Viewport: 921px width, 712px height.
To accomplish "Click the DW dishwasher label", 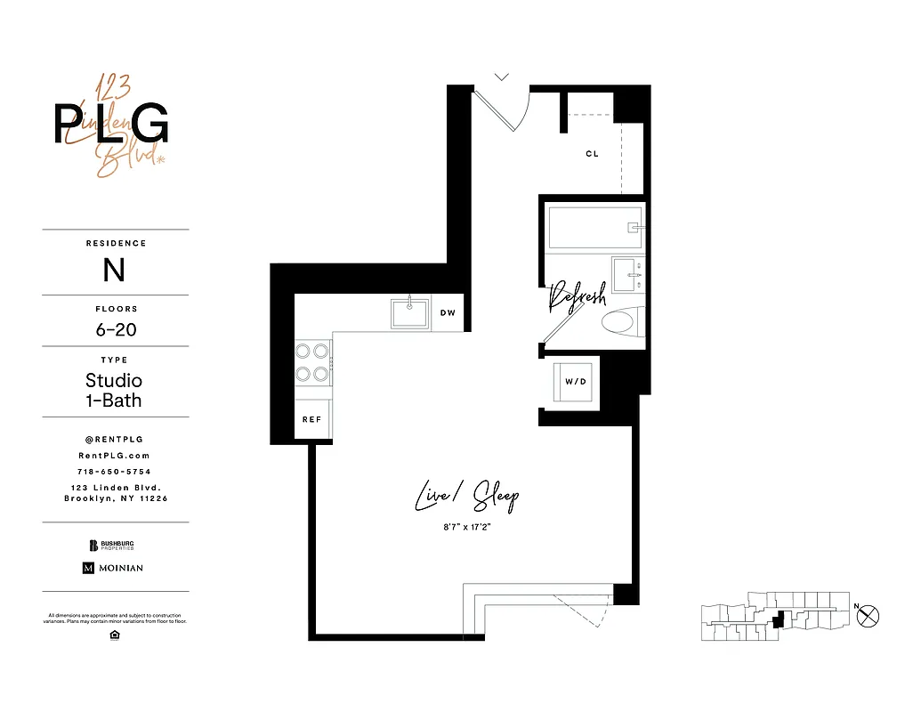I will click(x=448, y=313).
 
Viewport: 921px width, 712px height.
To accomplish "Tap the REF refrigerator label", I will click(x=311, y=420).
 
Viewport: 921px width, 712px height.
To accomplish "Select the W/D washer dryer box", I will click(x=576, y=382).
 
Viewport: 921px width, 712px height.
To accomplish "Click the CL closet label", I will click(x=592, y=154).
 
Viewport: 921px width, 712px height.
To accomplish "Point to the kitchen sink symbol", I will click(x=409, y=313).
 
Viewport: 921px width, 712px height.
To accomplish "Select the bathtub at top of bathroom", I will click(x=594, y=228).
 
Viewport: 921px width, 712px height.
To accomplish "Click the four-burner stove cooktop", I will click(x=312, y=362).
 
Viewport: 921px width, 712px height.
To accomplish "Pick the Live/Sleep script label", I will click(x=466, y=497).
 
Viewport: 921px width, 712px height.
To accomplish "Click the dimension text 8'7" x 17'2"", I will click(x=466, y=529).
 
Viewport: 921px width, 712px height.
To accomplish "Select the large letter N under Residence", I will click(x=114, y=270).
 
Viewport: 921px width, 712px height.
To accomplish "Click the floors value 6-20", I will click(x=116, y=329).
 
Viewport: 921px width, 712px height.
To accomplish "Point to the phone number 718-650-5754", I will click(x=115, y=472).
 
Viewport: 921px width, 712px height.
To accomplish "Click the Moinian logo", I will click(x=113, y=568).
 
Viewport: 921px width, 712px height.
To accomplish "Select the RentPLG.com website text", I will click(x=115, y=455).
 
